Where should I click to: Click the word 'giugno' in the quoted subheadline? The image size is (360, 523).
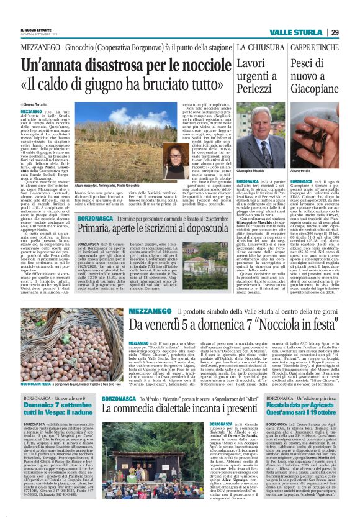(112, 83)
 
